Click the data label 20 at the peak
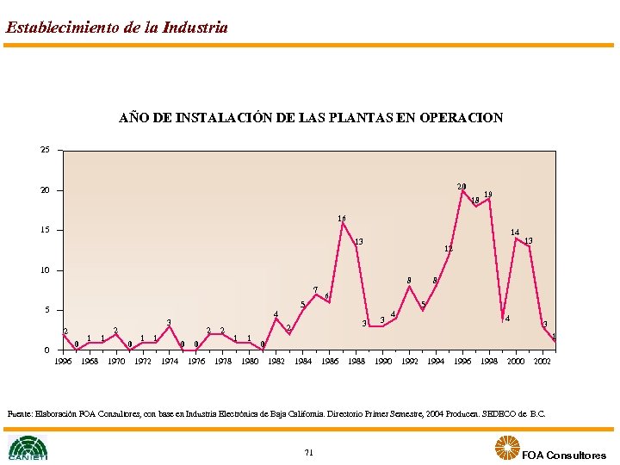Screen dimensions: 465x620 [462, 186]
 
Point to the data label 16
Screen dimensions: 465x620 [342, 219]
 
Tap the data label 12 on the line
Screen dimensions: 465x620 [449, 249]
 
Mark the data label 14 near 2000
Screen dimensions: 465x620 [514, 232]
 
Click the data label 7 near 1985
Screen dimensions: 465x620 [315, 289]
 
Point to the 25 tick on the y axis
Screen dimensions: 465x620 [44, 150]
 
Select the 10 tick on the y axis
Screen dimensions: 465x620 [44, 270]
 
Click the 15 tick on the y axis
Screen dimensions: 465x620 [44, 230]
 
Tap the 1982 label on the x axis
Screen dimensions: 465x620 [276, 362]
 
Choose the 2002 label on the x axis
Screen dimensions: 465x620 [542, 362]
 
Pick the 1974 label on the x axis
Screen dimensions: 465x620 [170, 362]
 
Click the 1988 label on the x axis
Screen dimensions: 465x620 [356, 362]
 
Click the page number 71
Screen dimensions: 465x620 [309, 452]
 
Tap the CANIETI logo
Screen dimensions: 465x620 [28, 448]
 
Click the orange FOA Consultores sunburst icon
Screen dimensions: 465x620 [505, 448]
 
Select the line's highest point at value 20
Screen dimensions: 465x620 [462, 190]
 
